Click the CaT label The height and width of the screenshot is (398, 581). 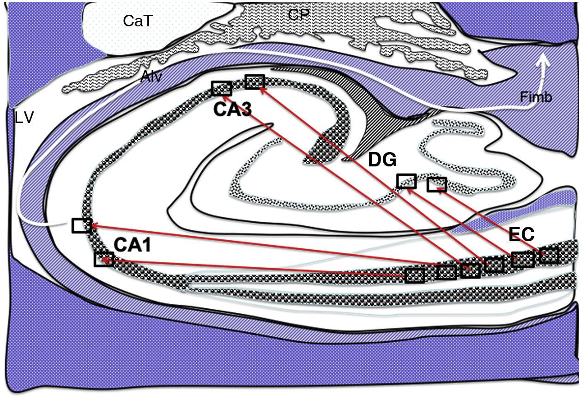(138, 21)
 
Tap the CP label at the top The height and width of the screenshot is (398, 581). (298, 15)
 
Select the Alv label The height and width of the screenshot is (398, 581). (151, 77)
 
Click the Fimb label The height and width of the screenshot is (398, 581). (536, 97)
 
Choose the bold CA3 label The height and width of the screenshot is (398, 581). (232, 110)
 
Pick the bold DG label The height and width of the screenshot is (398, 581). (382, 160)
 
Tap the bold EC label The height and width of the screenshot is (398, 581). (521, 235)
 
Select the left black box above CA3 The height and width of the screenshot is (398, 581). (222, 88)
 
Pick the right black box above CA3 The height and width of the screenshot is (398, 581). (254, 82)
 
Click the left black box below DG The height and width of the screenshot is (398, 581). (407, 181)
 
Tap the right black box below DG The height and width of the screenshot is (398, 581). (436, 184)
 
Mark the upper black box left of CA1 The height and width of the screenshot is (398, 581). (81, 226)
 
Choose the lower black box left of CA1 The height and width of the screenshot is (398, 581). (103, 259)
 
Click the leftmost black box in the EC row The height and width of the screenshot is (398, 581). (415, 276)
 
